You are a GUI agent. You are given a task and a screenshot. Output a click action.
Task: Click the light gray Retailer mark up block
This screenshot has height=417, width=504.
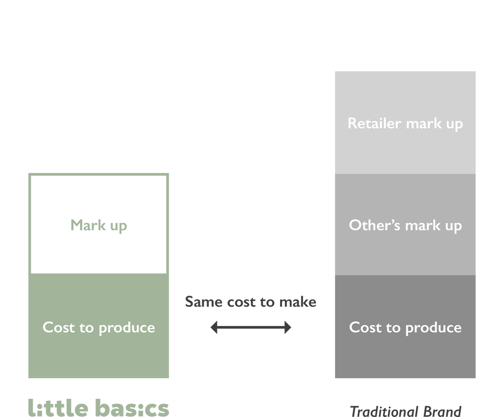pyautogui.click(x=405, y=123)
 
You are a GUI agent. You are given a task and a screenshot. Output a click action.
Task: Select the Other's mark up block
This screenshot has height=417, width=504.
pyautogui.click(x=405, y=225)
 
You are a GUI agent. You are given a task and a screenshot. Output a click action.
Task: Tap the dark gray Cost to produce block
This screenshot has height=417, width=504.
pyautogui.click(x=405, y=327)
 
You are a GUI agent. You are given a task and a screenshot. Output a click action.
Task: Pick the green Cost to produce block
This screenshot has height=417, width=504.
pyautogui.click(x=98, y=326)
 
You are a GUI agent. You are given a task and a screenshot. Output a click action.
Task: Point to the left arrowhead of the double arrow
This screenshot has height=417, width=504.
pyautogui.click(x=214, y=328)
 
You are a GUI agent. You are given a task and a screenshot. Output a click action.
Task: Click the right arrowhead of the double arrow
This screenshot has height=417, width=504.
pyautogui.click(x=287, y=328)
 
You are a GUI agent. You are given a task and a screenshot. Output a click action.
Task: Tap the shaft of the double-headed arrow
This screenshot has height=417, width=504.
pyautogui.click(x=251, y=328)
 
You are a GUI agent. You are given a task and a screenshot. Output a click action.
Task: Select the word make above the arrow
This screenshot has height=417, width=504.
pyautogui.click(x=298, y=301)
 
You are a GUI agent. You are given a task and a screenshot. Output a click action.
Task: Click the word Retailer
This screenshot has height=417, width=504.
pyautogui.click(x=375, y=123)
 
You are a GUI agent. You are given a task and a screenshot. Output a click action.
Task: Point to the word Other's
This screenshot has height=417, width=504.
pyautogui.click(x=375, y=225)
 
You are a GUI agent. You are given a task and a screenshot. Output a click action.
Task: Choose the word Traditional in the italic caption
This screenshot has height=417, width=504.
pyautogui.click(x=384, y=411)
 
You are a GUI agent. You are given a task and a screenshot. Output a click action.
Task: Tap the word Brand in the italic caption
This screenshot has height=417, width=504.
pyautogui.click(x=442, y=411)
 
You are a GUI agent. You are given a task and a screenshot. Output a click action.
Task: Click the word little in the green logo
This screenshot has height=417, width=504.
pyautogui.click(x=58, y=407)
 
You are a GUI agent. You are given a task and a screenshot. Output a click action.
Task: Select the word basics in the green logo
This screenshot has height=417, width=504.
pyautogui.click(x=132, y=407)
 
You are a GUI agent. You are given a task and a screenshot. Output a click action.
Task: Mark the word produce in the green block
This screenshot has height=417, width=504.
pyautogui.click(x=126, y=328)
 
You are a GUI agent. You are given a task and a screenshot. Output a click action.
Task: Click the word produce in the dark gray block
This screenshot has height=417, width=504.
pyautogui.click(x=433, y=328)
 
